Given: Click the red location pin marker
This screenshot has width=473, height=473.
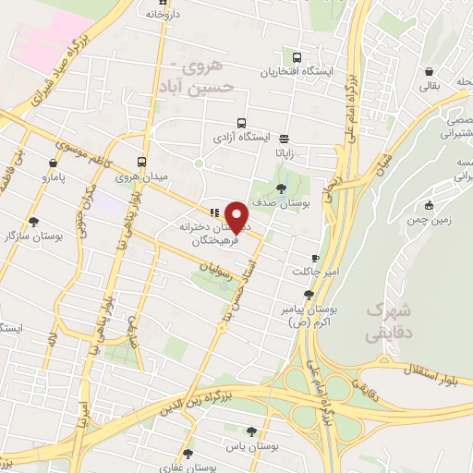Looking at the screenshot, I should pyautogui.click(x=237, y=216).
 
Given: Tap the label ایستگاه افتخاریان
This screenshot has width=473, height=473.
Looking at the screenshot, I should pyautogui.click(x=298, y=71).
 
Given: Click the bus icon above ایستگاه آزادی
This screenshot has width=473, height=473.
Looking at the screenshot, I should pyautogui.click(x=242, y=123).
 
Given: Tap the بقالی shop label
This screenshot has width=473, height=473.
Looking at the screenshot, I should pyautogui.click(x=430, y=87).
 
